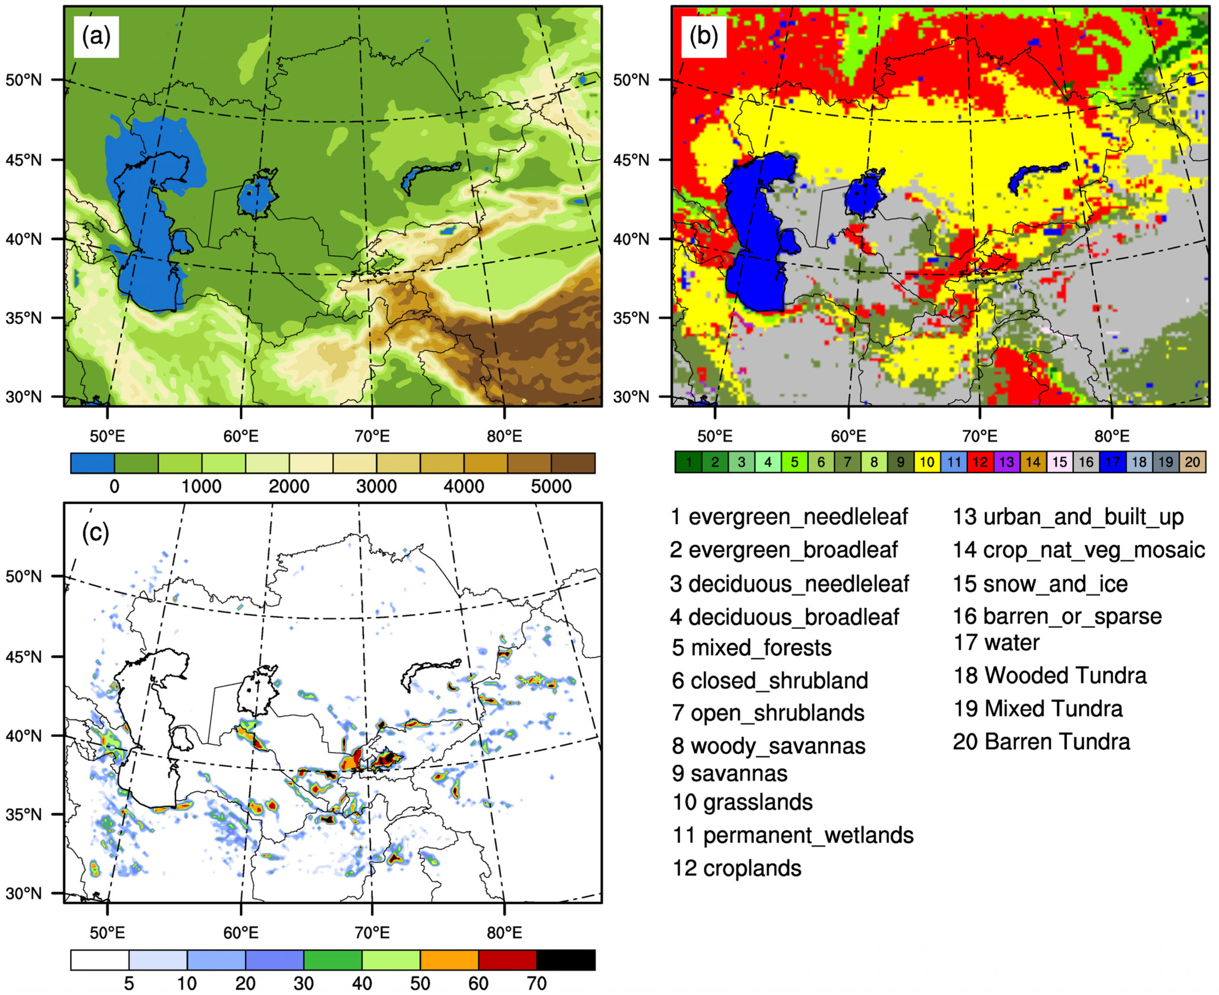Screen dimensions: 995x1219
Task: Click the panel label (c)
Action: coord(96,533)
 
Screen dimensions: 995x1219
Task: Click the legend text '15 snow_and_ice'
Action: coord(1040,584)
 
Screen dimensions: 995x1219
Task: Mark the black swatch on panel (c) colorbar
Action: coord(565,960)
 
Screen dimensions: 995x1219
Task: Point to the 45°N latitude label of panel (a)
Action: coord(24,159)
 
